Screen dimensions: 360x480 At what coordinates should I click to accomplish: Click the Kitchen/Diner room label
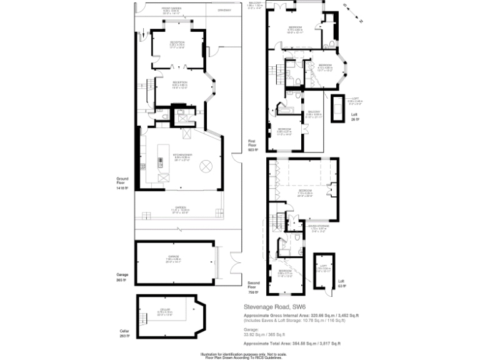182,155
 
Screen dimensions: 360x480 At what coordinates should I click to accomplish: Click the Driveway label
224,10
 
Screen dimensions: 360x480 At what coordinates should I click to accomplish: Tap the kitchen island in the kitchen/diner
160,161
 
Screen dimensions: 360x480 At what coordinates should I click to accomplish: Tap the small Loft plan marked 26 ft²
338,111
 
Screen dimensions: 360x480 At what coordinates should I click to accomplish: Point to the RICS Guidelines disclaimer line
241,357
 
